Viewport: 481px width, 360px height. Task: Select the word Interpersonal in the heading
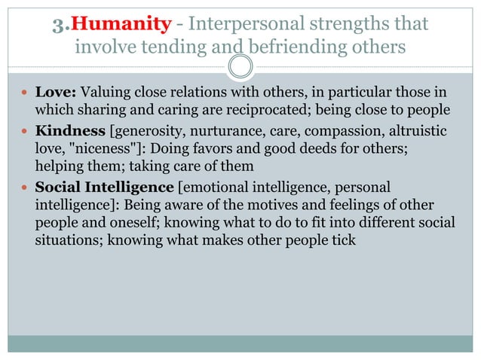tap(240, 24)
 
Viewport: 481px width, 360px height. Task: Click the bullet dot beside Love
tap(26, 94)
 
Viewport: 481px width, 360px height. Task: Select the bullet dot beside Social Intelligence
tap(26, 186)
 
